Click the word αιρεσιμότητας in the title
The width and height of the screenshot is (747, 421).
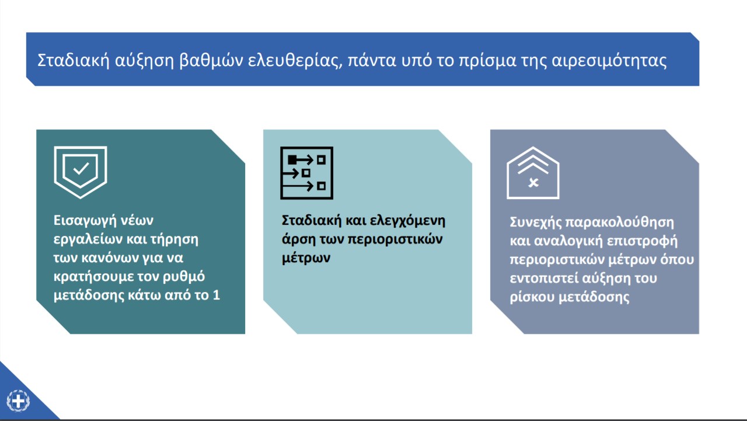click(x=609, y=61)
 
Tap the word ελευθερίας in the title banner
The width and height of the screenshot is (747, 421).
click(x=295, y=60)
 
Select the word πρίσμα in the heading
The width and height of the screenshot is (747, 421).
click(x=487, y=61)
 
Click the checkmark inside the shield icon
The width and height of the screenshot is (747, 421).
click(x=81, y=168)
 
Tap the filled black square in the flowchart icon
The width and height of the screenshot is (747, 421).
click(x=292, y=160)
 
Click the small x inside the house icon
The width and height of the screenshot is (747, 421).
click(x=533, y=183)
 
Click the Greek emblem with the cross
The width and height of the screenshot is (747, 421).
click(x=18, y=401)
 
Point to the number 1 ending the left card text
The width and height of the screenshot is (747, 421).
click(x=216, y=295)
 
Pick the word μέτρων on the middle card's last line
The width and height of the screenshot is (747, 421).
click(x=306, y=258)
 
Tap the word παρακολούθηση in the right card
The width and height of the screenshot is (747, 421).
click(x=620, y=222)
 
